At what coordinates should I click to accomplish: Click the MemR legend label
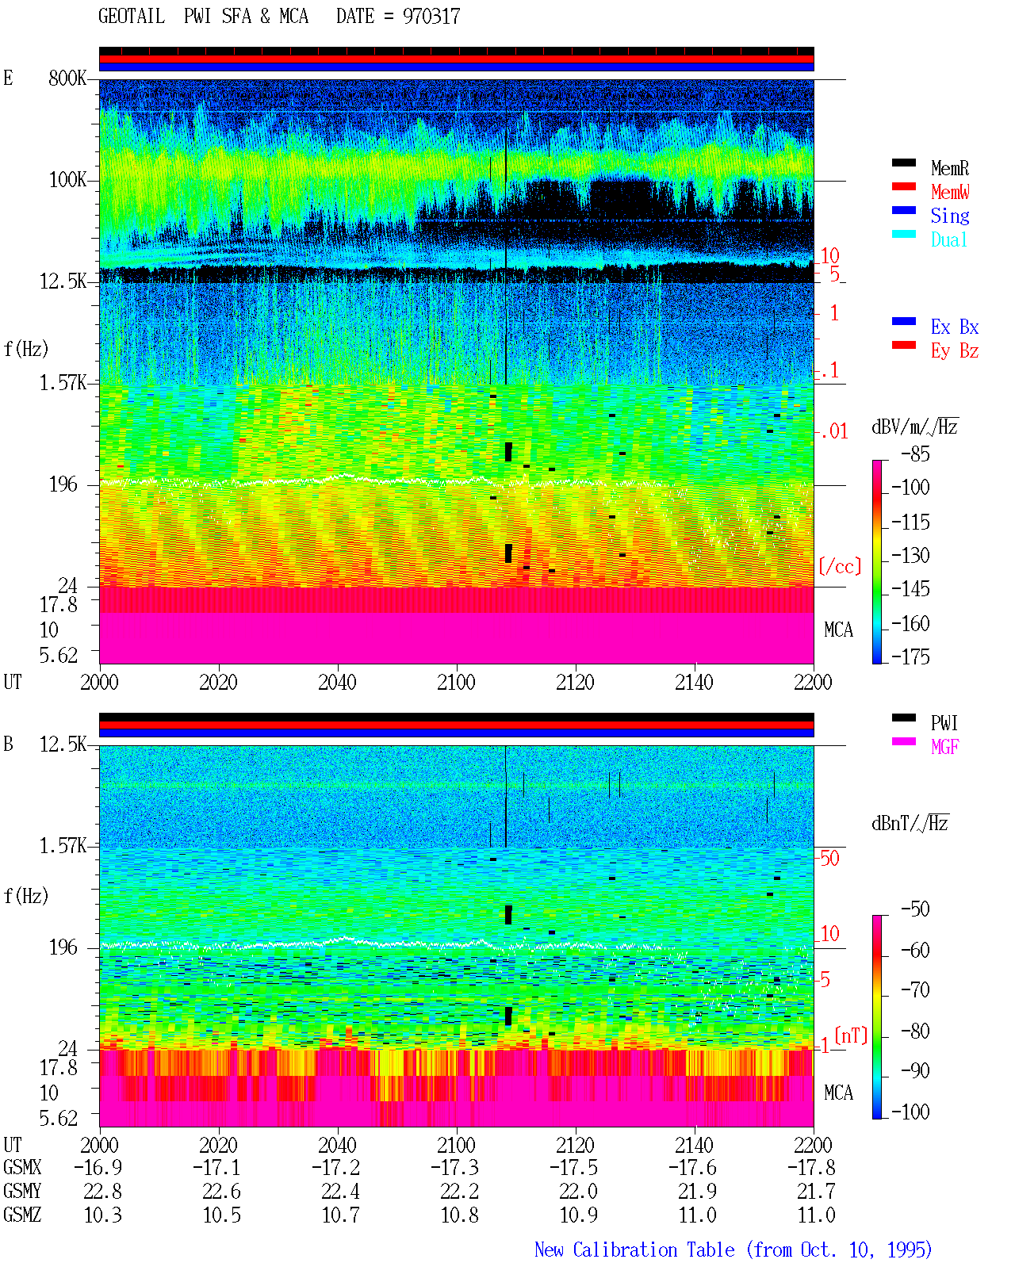point(949,168)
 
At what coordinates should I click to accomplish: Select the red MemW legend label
point(949,192)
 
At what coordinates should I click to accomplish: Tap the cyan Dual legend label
point(948,239)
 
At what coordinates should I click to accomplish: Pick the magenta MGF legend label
point(944,747)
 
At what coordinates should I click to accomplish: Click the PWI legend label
point(944,723)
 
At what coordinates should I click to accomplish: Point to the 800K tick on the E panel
point(67,78)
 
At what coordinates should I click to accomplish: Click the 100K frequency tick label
point(67,180)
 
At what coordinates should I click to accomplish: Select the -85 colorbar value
point(915,454)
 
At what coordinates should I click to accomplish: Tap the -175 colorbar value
point(910,656)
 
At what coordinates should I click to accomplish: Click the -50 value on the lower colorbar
point(915,909)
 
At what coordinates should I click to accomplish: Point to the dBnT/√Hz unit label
point(910,823)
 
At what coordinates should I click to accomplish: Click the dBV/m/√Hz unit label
point(914,427)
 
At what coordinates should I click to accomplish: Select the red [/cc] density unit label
point(840,566)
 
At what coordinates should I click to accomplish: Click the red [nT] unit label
point(851,1035)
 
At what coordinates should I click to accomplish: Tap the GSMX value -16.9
point(98,1168)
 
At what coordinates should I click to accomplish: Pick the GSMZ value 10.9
point(578,1215)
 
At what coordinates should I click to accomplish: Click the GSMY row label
point(22,1192)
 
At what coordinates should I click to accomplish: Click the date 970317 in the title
point(431,17)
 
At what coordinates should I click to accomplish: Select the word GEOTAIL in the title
point(132,17)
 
